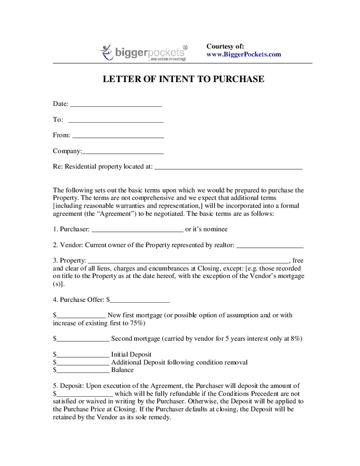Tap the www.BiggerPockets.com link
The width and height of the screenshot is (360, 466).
point(243,54)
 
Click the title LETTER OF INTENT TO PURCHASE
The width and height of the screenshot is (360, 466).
point(183,80)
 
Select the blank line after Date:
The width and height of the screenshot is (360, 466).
point(116,104)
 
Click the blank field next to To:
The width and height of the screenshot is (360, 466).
point(116,120)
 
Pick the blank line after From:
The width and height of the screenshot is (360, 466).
point(118,136)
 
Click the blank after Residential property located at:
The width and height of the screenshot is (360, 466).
point(228,167)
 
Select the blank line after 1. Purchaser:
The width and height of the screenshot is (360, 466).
point(137,230)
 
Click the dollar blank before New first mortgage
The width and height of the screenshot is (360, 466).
point(81,316)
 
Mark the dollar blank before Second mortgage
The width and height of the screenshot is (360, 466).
point(83,339)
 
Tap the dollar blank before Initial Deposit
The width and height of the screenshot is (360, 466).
point(83,355)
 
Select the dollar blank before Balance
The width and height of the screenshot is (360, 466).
point(83,371)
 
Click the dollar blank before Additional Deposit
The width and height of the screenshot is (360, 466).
point(83,363)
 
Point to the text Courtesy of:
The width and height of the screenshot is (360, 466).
point(225,46)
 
